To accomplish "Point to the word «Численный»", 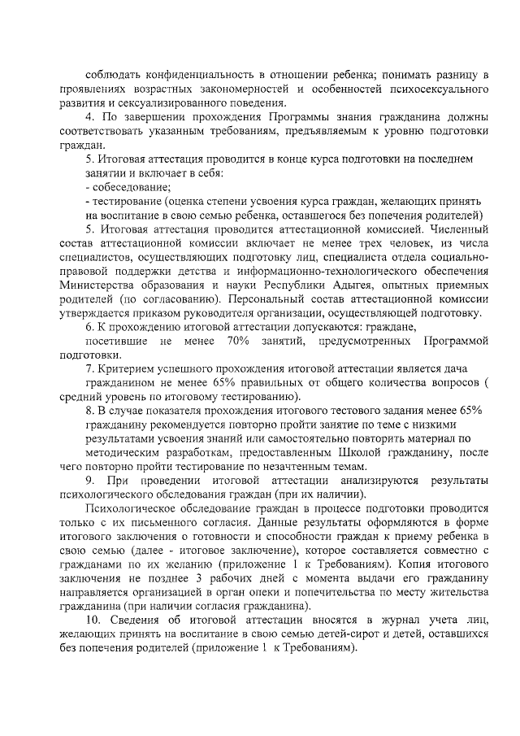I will [455, 229].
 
